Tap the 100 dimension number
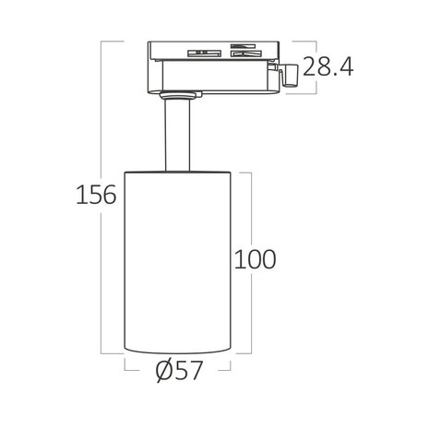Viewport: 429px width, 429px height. (256, 259)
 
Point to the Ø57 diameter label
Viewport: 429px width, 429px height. (179, 372)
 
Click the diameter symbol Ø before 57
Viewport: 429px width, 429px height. (162, 372)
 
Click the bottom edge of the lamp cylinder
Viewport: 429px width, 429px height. (178, 352)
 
